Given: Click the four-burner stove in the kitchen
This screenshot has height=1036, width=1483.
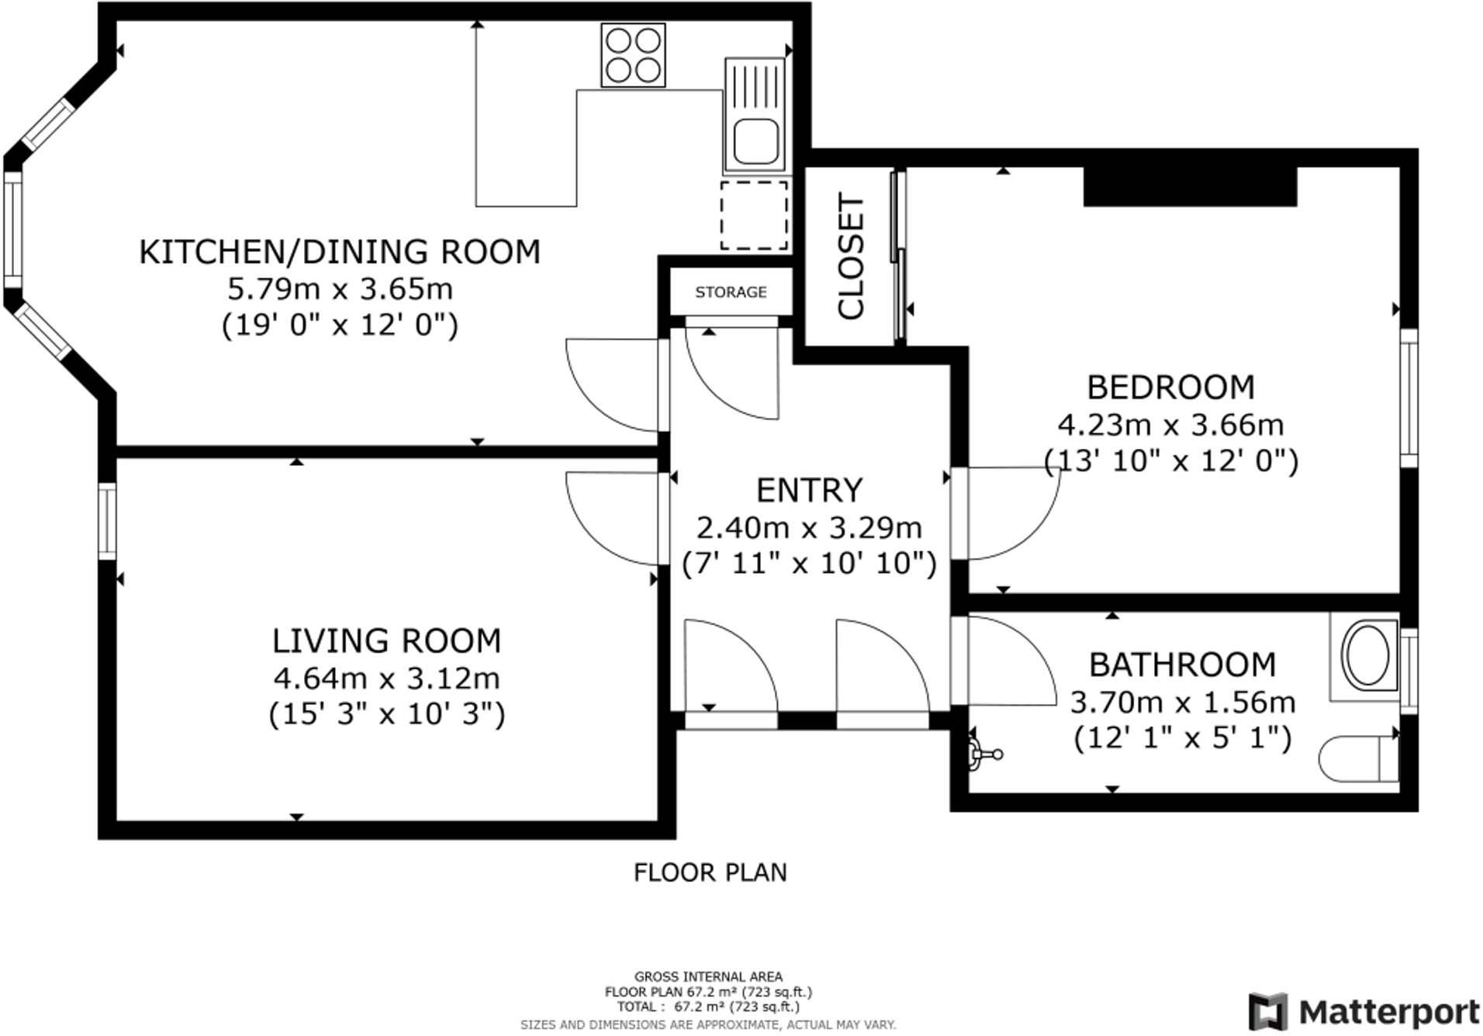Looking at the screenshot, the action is tap(633, 55).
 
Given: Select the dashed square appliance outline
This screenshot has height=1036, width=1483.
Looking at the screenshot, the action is tap(754, 216).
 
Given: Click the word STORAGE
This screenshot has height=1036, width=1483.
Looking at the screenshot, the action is tap(731, 292).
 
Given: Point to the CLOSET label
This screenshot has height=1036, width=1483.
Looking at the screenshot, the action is tap(851, 257).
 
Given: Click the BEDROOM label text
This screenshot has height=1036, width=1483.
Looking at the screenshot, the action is tap(1170, 387).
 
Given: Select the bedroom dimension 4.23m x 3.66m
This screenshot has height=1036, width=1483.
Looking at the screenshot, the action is tap(1170, 425).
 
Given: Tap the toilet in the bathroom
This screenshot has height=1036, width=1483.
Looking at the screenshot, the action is tap(1359, 760).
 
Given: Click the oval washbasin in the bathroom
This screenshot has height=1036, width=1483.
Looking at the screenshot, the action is tap(1367, 656).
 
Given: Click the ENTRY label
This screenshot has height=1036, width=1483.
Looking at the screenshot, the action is tap(809, 490).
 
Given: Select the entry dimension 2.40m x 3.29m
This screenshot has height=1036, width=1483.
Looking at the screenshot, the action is tap(809, 528).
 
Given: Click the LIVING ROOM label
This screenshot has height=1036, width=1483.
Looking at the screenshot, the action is tap(386, 641).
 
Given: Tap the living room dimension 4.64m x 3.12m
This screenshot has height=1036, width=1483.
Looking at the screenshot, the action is tap(386, 679).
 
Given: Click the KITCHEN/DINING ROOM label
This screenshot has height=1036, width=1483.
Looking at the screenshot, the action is tap(340, 252).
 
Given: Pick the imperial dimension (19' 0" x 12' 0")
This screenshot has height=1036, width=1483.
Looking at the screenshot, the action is tap(340, 324).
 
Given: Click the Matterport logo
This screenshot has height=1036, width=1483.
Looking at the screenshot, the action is tap(1364, 1012).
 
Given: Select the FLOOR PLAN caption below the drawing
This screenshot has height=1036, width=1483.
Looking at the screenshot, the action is tap(710, 872).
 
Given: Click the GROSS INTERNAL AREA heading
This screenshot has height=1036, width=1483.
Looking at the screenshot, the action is tap(708, 977).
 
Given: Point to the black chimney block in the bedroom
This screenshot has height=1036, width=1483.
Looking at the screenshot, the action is tap(1190, 186).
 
